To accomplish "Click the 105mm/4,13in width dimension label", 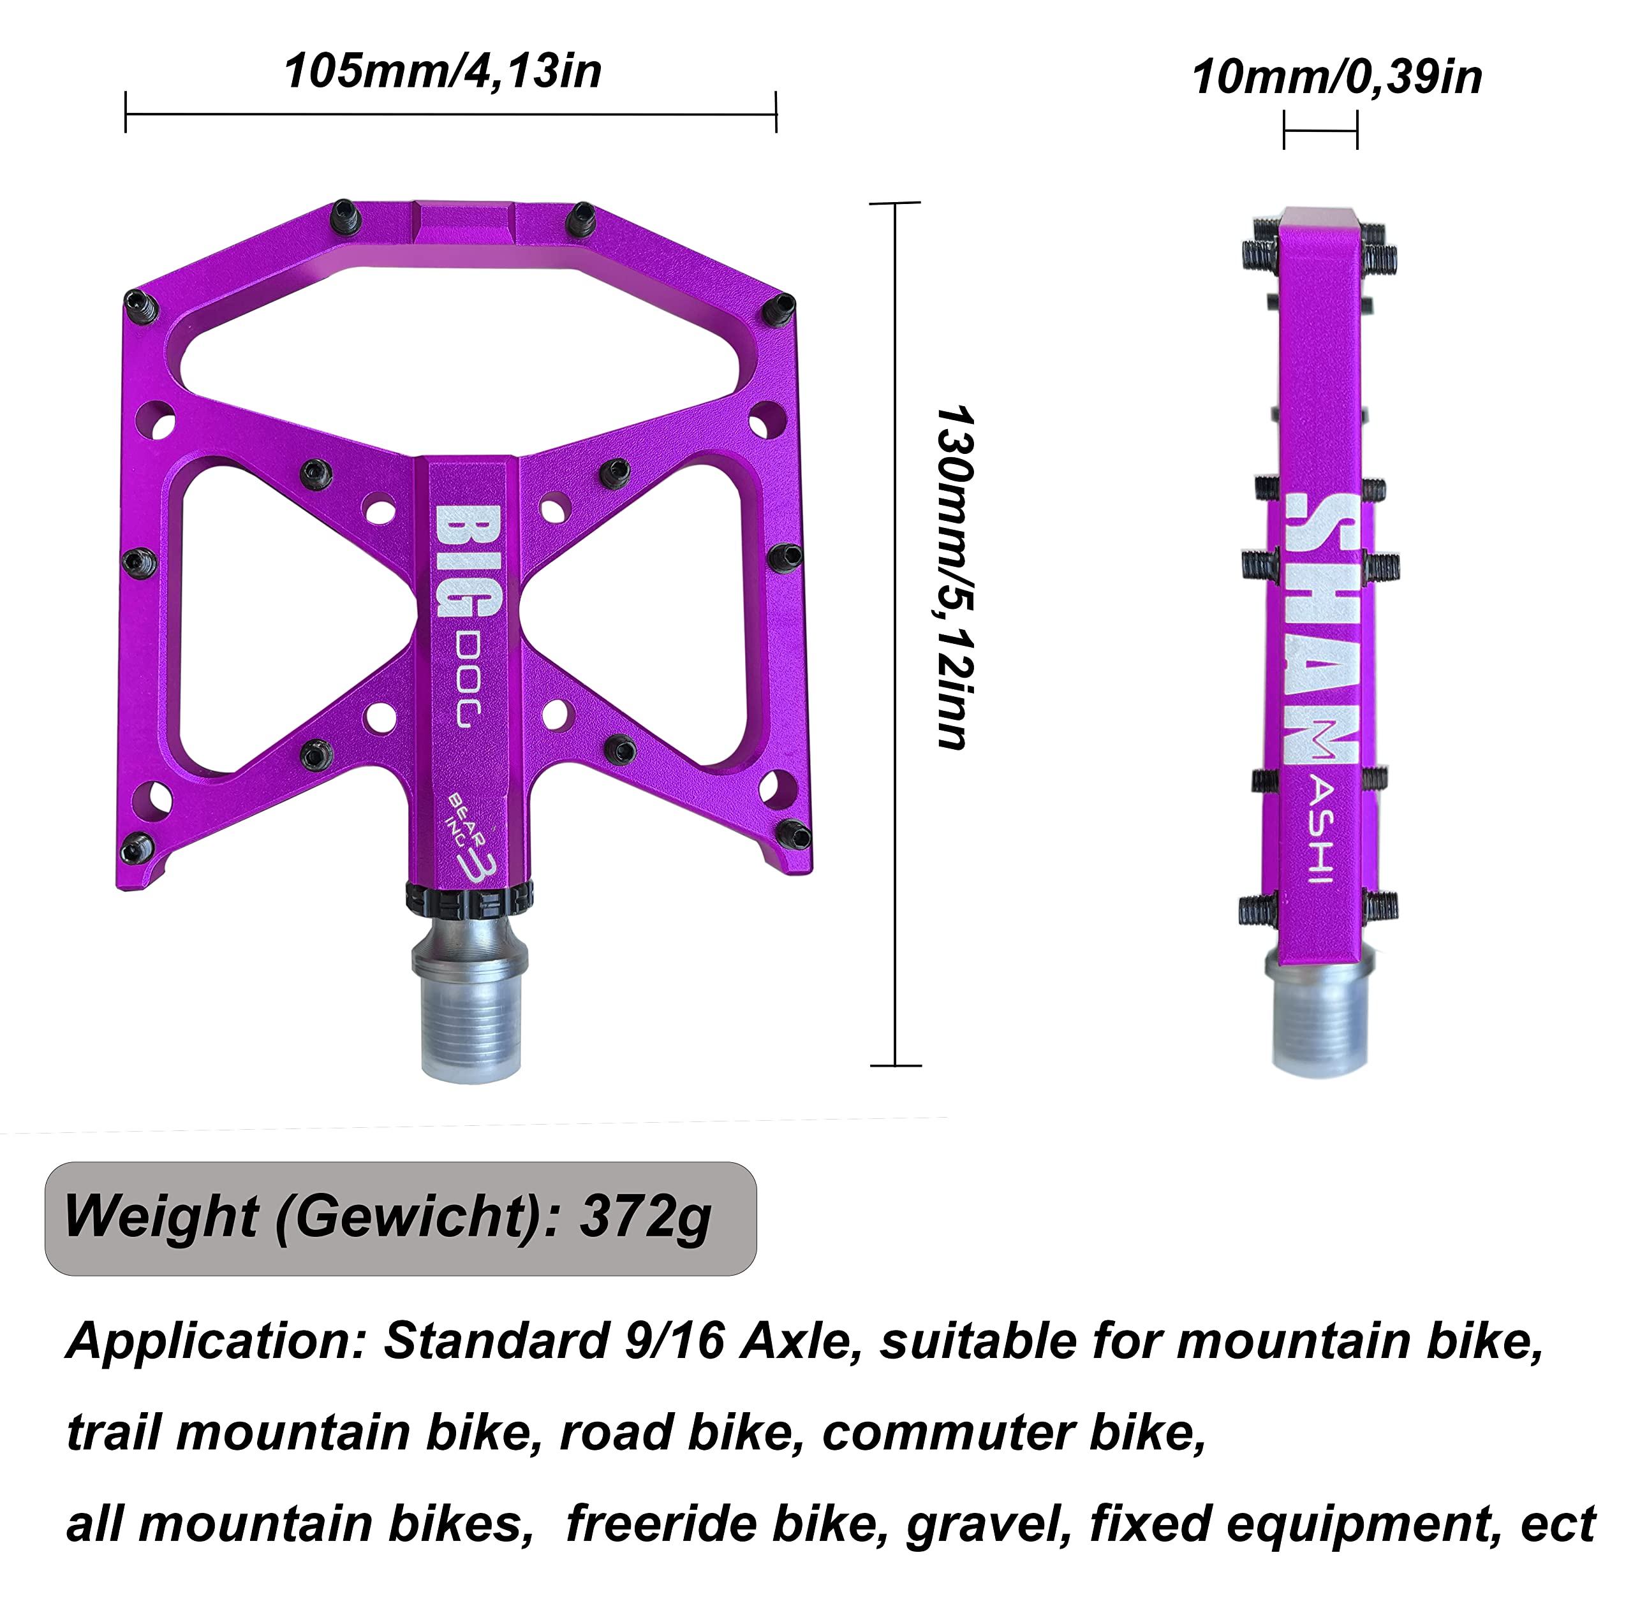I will coord(442,71).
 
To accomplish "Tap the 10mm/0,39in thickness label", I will coord(1336,78).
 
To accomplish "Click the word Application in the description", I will coord(216,1341).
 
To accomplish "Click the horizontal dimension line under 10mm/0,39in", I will coord(1320,131).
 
